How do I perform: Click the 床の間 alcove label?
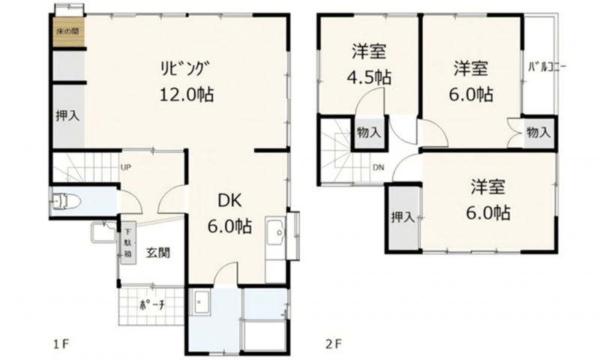[67, 32]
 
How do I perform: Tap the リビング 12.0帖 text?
[186, 82]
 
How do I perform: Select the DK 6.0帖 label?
[229, 213]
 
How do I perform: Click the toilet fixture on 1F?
[66, 202]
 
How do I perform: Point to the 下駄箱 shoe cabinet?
[127, 242]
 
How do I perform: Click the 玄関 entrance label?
[158, 253]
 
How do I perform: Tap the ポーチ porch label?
[152, 306]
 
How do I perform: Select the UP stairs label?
[126, 167]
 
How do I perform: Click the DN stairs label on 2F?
[379, 167]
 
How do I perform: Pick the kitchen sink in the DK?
[275, 232]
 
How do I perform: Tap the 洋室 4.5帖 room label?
[369, 64]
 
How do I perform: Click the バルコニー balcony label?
[547, 67]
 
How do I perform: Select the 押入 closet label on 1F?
[67, 115]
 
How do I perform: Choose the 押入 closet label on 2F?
[403, 217]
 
